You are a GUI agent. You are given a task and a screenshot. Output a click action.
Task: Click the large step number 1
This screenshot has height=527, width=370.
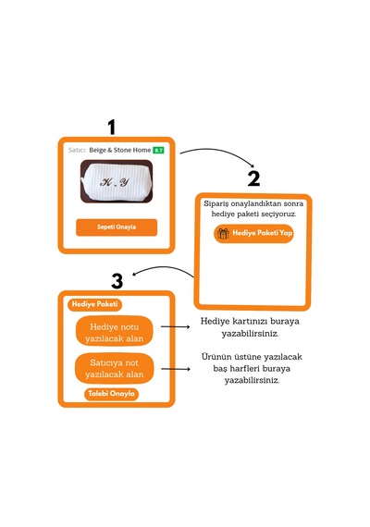[112, 127]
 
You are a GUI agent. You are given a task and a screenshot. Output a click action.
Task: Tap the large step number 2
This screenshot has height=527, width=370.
[254, 178]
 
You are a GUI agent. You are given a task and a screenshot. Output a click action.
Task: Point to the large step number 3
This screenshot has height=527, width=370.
[117, 281]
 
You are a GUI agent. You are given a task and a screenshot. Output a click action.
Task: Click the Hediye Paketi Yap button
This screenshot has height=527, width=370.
[253, 233]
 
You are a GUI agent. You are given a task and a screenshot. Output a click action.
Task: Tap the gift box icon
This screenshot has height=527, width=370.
[223, 233]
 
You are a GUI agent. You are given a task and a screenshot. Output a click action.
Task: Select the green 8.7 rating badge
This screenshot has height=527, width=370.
[158, 150]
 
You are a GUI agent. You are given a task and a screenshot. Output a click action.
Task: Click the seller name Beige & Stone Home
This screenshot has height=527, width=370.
[119, 150]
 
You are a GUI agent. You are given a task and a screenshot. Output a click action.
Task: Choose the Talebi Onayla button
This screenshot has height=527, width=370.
[111, 394]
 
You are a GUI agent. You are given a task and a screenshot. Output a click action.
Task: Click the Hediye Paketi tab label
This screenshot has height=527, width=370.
[95, 304]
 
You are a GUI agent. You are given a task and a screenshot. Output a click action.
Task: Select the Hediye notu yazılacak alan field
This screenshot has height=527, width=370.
[115, 333]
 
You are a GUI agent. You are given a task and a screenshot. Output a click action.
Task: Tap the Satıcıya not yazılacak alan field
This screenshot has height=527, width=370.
[115, 368]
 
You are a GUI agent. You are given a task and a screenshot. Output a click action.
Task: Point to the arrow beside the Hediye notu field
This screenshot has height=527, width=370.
[175, 326]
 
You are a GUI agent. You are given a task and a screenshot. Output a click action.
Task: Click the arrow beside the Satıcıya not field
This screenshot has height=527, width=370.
[176, 369]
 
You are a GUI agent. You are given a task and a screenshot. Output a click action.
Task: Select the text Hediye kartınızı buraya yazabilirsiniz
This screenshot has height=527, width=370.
[250, 327]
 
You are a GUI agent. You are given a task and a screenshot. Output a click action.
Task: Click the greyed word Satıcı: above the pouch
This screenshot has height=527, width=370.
[78, 150]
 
